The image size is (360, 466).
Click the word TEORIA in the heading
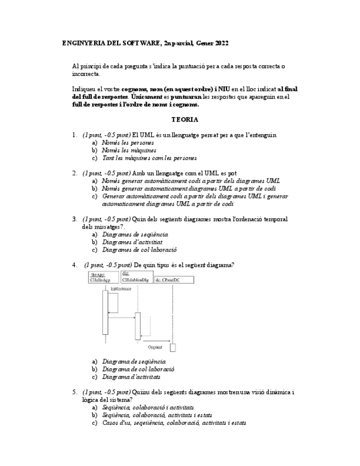click(x=185, y=119)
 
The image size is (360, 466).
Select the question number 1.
click(x=74, y=135)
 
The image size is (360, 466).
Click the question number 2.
click(x=74, y=173)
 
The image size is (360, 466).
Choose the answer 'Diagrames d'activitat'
click(x=132, y=242)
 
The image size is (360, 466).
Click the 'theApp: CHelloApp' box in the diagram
click(x=103, y=277)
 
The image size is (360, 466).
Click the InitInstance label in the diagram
click(x=120, y=288)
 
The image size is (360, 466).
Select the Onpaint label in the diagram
click(x=155, y=347)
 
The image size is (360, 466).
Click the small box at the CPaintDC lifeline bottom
click(x=173, y=347)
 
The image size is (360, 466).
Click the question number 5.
click(x=74, y=392)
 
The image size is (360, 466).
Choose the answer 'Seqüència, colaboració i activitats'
click(x=148, y=408)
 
